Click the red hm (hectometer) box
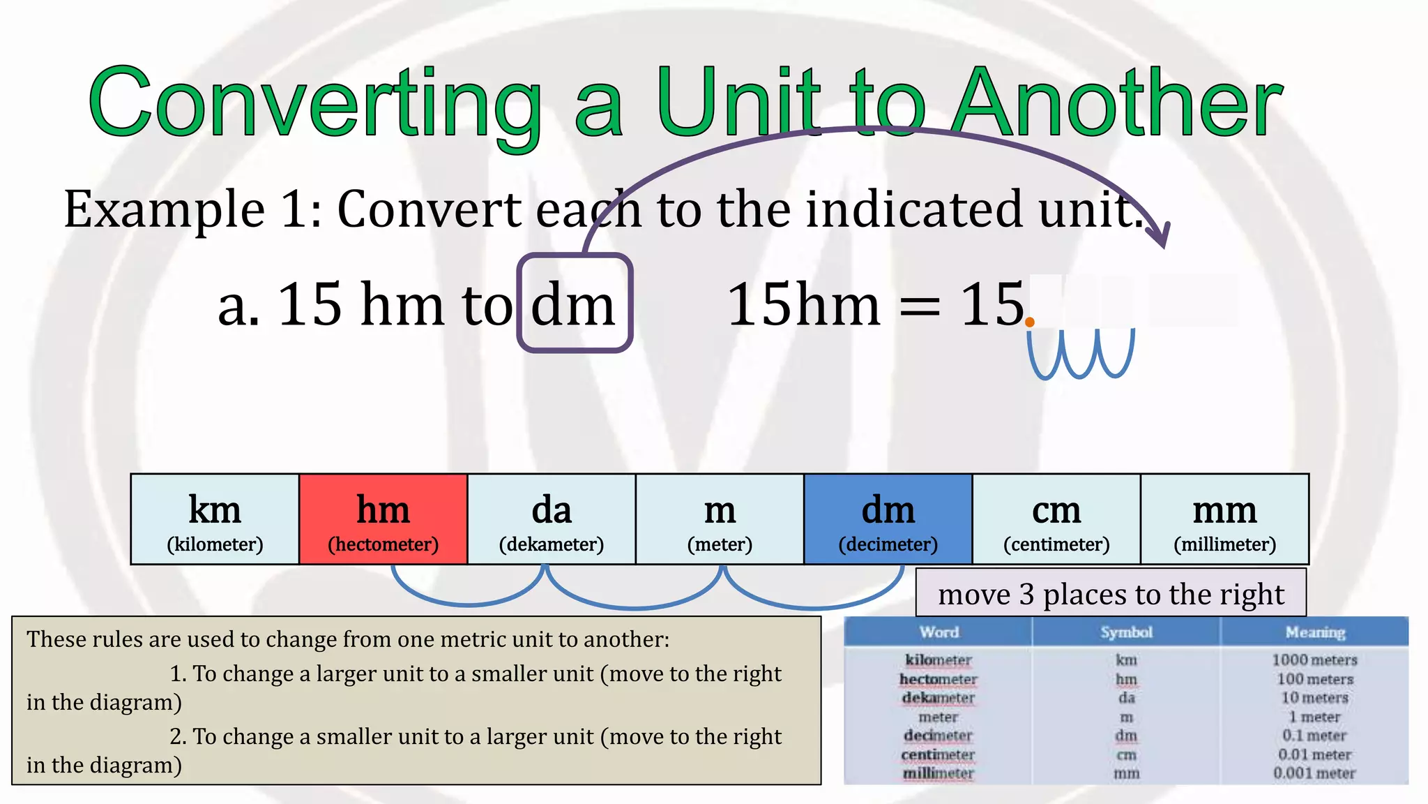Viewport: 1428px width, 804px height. (x=383, y=519)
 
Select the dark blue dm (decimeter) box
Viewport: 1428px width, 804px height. (x=888, y=519)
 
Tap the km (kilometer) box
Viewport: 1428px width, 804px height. (x=215, y=519)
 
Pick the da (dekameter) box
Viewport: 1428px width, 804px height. (x=552, y=519)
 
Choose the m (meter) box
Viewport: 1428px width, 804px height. (x=720, y=519)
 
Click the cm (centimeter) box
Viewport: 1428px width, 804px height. (x=1056, y=519)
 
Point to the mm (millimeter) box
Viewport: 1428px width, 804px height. (x=1224, y=519)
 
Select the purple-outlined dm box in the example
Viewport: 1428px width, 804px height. (x=575, y=304)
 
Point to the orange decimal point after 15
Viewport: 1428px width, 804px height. (x=1030, y=322)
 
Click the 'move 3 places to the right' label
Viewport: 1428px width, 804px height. (x=1111, y=594)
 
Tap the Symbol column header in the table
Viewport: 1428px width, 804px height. (x=1126, y=632)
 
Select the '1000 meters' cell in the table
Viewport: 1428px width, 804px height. (x=1314, y=660)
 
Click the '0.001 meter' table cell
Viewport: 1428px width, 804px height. (x=1314, y=773)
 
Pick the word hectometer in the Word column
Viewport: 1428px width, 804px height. (x=938, y=679)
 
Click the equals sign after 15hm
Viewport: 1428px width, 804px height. (x=920, y=307)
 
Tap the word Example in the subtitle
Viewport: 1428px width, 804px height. (x=165, y=209)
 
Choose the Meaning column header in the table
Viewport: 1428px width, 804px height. (x=1314, y=632)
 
